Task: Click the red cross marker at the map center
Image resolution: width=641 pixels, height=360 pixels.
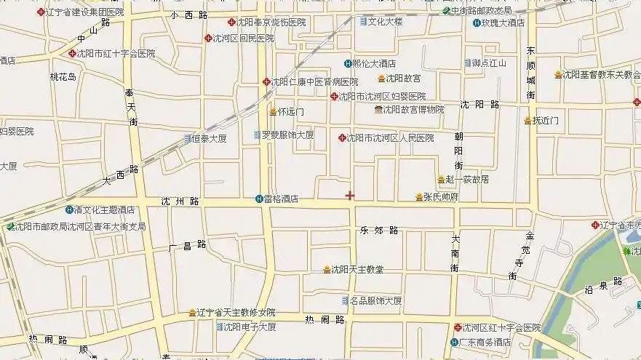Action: (x=350, y=195)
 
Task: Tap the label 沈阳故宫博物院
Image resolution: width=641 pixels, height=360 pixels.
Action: (x=413, y=110)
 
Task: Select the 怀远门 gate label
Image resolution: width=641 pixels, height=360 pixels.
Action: (x=290, y=112)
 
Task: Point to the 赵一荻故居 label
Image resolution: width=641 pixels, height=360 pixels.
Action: (x=466, y=180)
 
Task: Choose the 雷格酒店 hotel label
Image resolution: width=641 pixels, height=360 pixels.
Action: (x=281, y=199)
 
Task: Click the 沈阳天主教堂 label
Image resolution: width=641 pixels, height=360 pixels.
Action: (x=357, y=270)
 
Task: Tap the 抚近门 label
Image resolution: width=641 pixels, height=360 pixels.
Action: (x=545, y=120)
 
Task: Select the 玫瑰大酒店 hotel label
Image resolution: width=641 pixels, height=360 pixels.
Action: (x=503, y=23)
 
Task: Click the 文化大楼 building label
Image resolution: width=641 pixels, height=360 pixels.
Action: (x=385, y=22)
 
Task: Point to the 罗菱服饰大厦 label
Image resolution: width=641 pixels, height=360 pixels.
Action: (x=287, y=135)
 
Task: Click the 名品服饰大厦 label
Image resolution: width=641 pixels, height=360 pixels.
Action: (x=375, y=300)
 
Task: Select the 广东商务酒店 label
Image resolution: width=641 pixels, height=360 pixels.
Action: (x=487, y=342)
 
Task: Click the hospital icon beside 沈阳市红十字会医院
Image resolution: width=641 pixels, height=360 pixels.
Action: (x=72, y=53)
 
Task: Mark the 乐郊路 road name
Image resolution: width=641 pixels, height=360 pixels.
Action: (x=379, y=231)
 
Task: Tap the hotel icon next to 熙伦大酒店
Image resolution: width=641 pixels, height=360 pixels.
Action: (x=347, y=63)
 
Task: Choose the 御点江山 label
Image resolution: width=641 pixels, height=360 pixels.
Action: (x=488, y=63)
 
